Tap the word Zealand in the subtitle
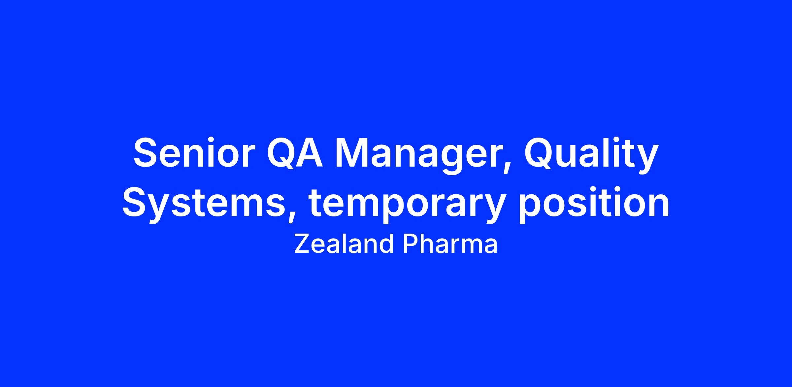coord(344,244)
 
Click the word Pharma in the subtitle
coord(450,244)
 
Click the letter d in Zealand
coord(386,244)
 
